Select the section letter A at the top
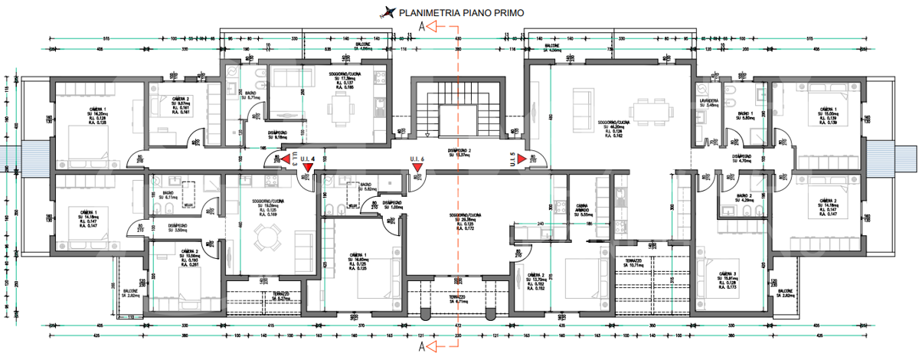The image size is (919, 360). [422, 26]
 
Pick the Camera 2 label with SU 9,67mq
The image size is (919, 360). [181, 103]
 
